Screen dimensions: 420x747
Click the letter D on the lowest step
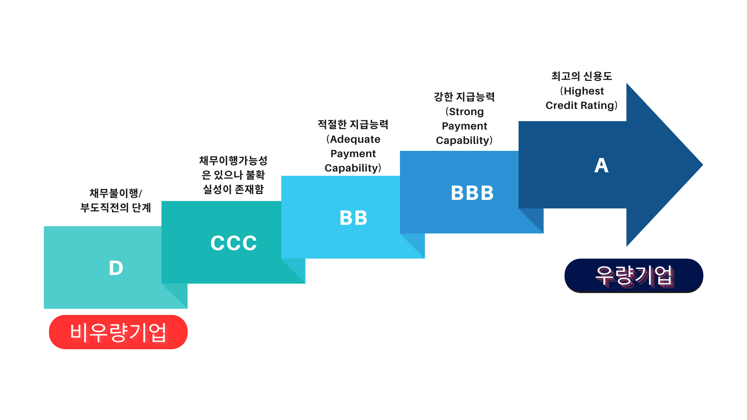click(x=116, y=268)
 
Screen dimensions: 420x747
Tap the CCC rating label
click(x=233, y=243)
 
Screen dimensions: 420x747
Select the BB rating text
click(x=353, y=218)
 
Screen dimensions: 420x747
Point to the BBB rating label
click(x=472, y=193)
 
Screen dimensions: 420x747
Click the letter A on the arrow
click(x=601, y=166)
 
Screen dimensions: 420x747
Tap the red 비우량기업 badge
click(x=118, y=332)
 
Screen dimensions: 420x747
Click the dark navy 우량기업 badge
click(x=633, y=276)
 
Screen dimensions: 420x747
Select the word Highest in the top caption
click(x=584, y=91)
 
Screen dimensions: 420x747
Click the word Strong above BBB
click(x=466, y=112)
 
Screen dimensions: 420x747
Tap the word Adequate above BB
click(x=355, y=139)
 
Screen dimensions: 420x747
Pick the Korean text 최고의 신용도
click(x=582, y=76)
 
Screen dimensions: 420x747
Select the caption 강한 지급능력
click(x=464, y=97)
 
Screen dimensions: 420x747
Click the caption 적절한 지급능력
click(x=353, y=124)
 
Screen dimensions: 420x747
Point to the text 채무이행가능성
click(x=233, y=160)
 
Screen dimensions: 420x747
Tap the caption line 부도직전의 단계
click(x=116, y=208)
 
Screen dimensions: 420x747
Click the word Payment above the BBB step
click(x=464, y=126)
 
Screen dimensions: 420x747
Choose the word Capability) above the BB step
click(x=352, y=168)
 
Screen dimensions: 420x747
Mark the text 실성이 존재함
click(x=233, y=189)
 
